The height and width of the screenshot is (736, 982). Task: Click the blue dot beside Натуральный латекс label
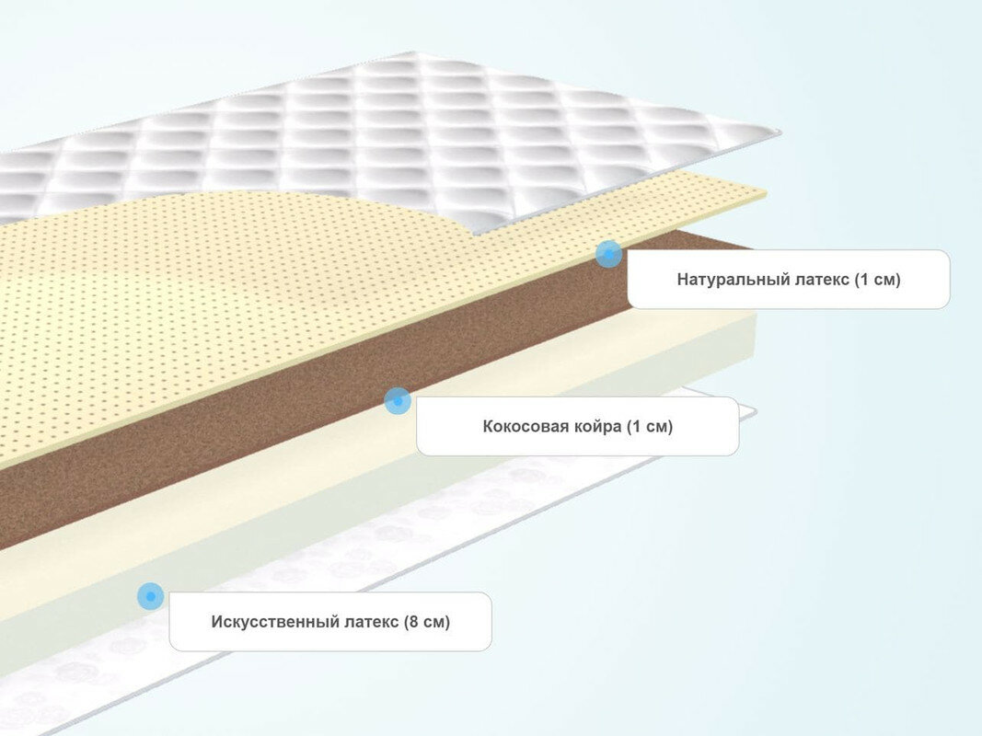click(607, 254)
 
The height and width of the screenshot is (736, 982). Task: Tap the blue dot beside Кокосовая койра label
click(397, 400)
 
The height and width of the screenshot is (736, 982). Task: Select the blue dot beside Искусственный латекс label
click(150, 596)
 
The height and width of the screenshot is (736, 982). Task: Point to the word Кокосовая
click(521, 426)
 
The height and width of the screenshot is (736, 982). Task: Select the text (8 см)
click(427, 621)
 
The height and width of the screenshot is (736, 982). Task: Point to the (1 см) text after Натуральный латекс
click(877, 279)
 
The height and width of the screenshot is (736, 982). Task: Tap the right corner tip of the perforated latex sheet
click(767, 193)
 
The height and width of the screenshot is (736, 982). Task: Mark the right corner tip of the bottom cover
click(755, 410)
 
